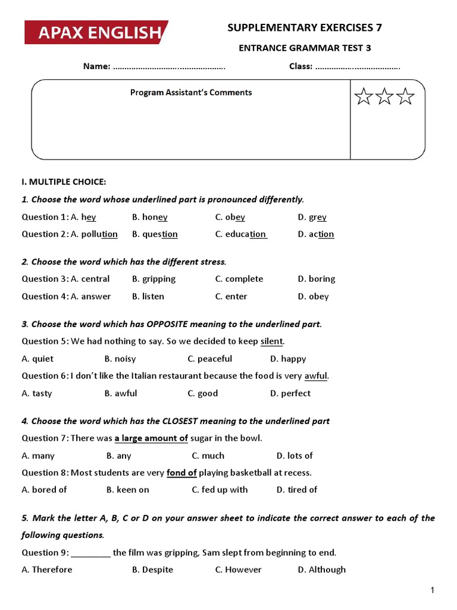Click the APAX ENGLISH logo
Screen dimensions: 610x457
coord(96,33)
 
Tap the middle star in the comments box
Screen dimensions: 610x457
coord(384,97)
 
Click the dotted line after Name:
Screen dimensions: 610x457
coord(169,66)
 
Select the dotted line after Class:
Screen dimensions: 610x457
coord(358,66)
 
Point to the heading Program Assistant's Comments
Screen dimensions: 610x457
coord(191,92)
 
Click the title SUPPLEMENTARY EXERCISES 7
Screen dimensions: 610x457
coord(305,27)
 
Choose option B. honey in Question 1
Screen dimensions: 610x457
coord(150,217)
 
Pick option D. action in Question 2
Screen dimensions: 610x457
coord(316,234)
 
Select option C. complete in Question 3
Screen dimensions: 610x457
coord(239,279)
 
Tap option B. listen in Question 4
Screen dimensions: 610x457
coord(148,296)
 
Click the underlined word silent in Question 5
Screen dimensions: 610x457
coord(272,341)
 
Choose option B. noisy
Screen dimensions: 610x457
coord(120,359)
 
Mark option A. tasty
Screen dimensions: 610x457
coord(37,393)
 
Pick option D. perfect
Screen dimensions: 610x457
coord(290,393)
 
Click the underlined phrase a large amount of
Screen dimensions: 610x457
coord(151,438)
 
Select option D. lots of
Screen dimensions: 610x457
coord(295,456)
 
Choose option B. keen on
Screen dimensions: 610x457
coord(128,490)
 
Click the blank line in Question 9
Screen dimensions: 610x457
coord(90,553)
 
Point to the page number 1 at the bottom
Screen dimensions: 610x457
coord(433,590)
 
